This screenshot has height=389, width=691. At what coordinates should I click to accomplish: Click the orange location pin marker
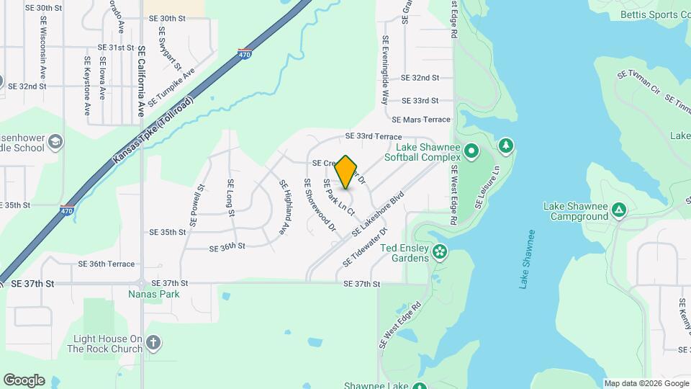pyautogui.click(x=346, y=172)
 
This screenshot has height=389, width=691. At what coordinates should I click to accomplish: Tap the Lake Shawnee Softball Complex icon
pyautogui.click(x=471, y=151)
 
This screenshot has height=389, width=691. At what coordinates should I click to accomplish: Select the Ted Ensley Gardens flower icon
pyautogui.click(x=440, y=252)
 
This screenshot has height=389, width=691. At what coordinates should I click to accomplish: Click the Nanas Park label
pyautogui.click(x=153, y=294)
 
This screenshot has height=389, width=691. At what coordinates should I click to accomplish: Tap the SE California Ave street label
pyautogui.click(x=141, y=81)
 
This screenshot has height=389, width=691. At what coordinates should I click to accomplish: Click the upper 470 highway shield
pyautogui.click(x=245, y=55)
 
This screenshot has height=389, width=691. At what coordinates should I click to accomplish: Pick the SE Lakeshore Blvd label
pyautogui.click(x=379, y=214)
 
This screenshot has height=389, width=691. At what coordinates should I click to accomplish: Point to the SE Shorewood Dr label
pyautogui.click(x=320, y=205)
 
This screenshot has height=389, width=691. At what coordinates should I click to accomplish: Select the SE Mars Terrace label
pyautogui.click(x=421, y=120)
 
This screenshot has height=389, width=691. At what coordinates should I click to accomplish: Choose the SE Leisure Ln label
pyautogui.click(x=487, y=187)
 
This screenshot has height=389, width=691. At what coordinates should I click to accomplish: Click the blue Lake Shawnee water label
pyautogui.click(x=528, y=259)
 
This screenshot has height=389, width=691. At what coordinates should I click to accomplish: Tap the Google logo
pyautogui.click(x=24, y=380)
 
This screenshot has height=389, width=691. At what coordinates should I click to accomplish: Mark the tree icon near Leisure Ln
pyautogui.click(x=506, y=147)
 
